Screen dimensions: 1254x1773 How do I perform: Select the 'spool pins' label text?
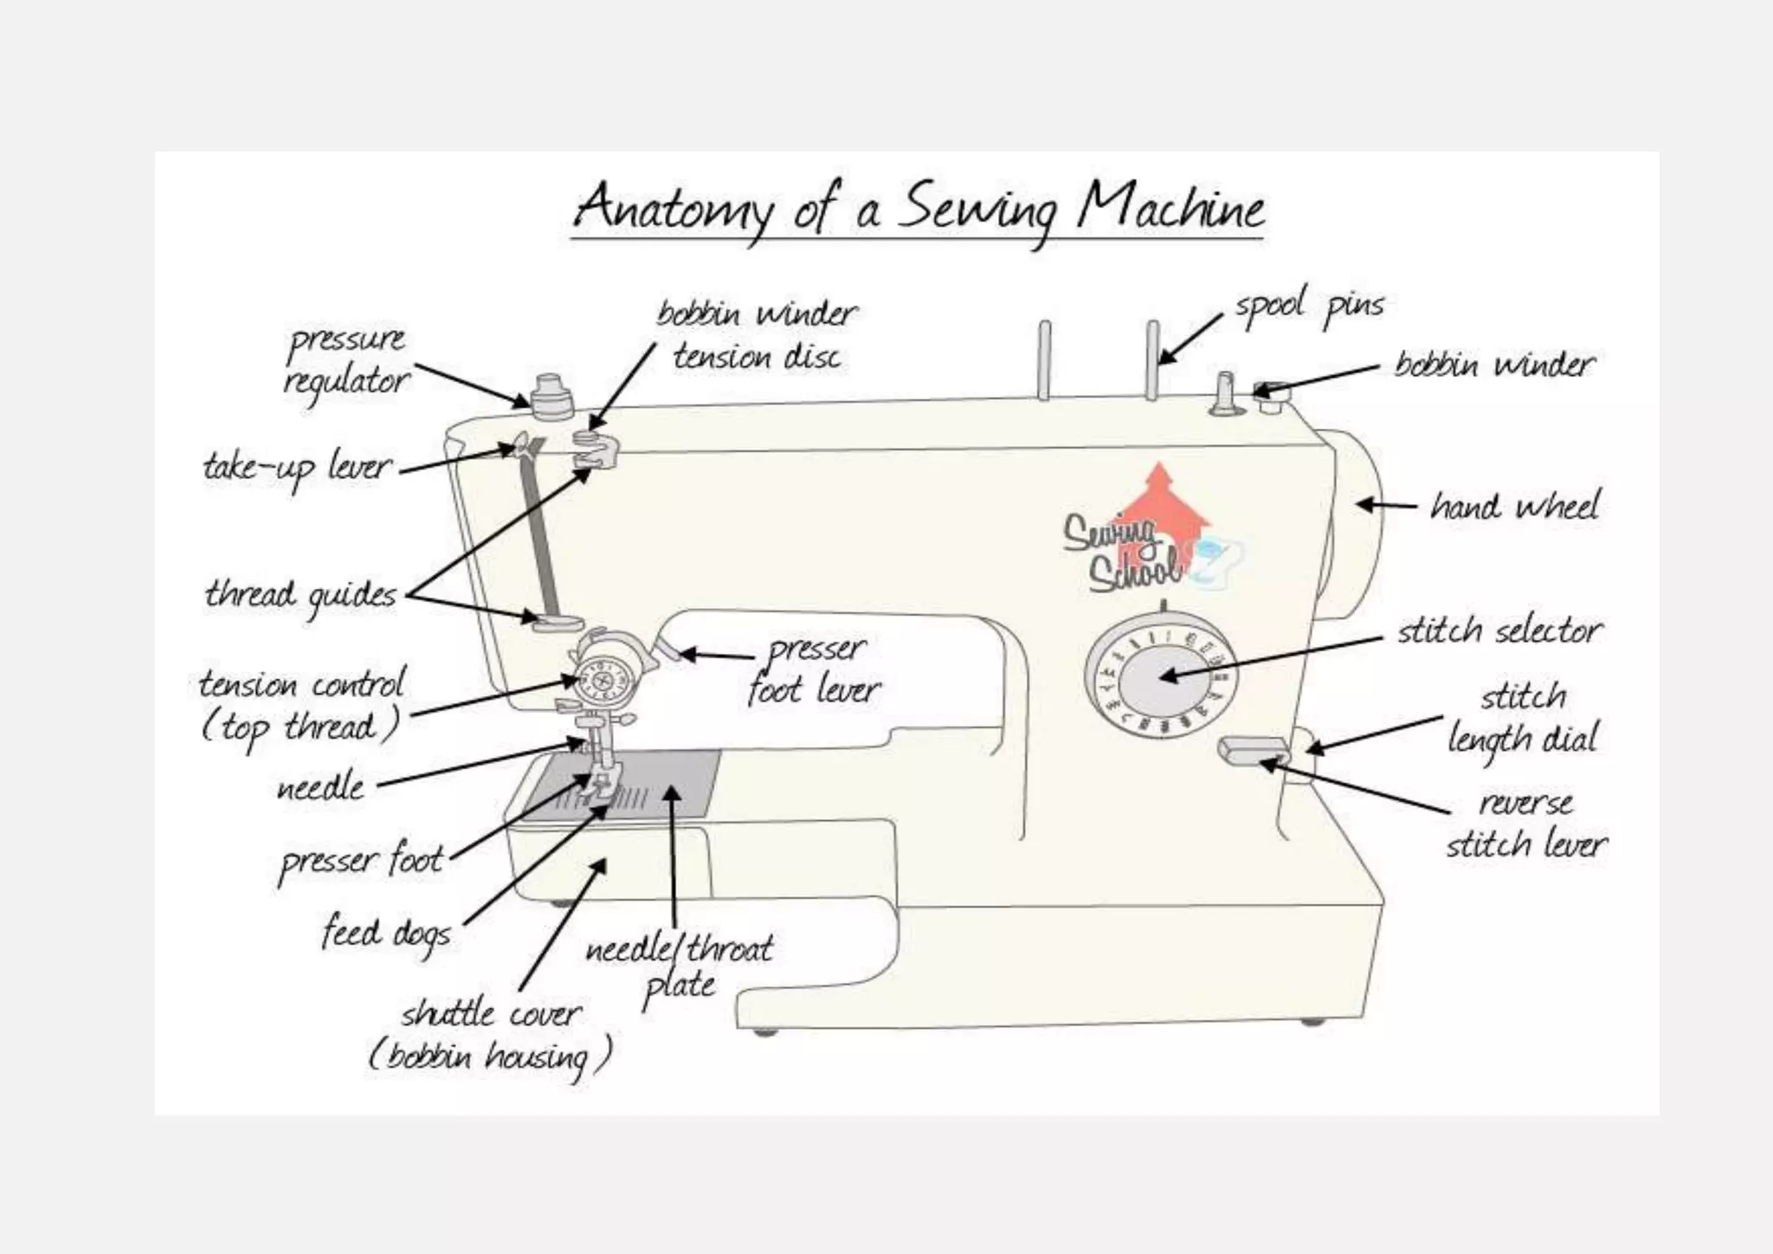coord(1309,307)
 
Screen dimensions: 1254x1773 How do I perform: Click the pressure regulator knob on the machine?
coord(551,398)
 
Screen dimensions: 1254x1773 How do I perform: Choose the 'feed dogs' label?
coord(387,933)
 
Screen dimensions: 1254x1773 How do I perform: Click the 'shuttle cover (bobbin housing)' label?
coord(490,1036)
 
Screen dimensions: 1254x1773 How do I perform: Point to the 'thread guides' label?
coord(300,595)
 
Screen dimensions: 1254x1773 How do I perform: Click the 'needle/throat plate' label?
coord(680,966)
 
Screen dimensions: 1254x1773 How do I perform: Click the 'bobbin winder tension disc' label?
coord(757,335)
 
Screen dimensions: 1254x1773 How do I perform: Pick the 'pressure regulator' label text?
coord(346,359)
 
